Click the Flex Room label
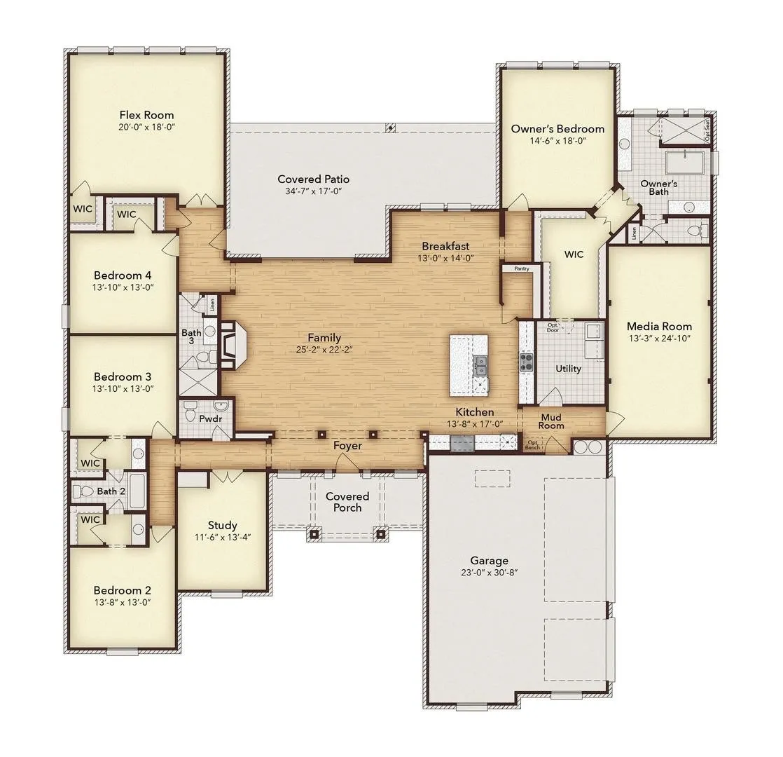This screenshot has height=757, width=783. [146, 115]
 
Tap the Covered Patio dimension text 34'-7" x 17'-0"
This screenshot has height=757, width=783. [313, 191]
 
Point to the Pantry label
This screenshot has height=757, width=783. [520, 268]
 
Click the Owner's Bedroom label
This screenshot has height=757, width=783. [557, 129]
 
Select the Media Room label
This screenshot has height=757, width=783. [659, 326]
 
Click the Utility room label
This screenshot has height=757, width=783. [568, 368]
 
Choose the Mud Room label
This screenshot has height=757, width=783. [551, 421]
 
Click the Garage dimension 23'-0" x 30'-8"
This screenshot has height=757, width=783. [490, 572]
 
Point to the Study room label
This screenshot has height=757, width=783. [222, 525]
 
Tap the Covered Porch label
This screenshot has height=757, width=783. [347, 502]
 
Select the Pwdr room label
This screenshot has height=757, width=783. [210, 418]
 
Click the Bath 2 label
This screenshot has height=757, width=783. [111, 491]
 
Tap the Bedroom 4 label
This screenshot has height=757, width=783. [123, 275]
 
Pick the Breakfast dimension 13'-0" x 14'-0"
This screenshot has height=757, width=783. [445, 257]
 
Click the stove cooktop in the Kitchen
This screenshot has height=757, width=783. [526, 362]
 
